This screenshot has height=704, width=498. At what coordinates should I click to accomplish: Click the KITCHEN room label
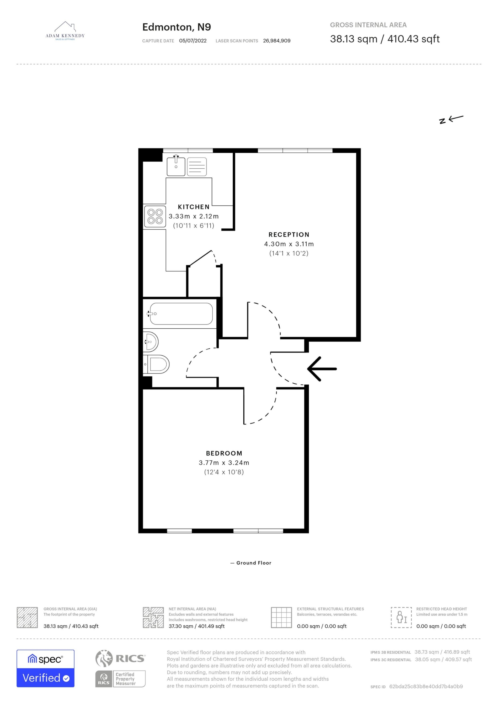coord(194,207)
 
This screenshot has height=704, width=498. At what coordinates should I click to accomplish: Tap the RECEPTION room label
coord(289,235)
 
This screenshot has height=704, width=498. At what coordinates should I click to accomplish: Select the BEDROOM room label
coord(224,453)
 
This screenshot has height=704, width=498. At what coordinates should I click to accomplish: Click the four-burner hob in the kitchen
coord(155,216)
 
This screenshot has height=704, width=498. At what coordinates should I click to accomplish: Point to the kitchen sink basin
coord(176,166)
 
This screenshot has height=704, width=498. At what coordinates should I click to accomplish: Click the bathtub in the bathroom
coord(181,314)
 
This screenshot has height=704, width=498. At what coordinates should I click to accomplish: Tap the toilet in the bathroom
coord(156,364)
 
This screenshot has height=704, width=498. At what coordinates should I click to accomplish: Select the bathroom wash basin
coord(151,342)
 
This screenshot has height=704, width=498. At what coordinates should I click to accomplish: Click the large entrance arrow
coord(322,369)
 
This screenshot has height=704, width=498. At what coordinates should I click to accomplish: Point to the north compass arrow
coord(451,119)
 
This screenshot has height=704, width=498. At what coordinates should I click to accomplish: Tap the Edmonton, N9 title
coord(177,27)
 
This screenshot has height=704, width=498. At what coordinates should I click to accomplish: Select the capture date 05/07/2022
coord(193,41)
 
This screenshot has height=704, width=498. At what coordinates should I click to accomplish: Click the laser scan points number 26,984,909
coord(277,41)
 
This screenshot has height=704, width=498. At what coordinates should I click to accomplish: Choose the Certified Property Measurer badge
coord(120,679)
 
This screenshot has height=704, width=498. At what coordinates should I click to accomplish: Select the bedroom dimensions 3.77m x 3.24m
coord(224,463)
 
